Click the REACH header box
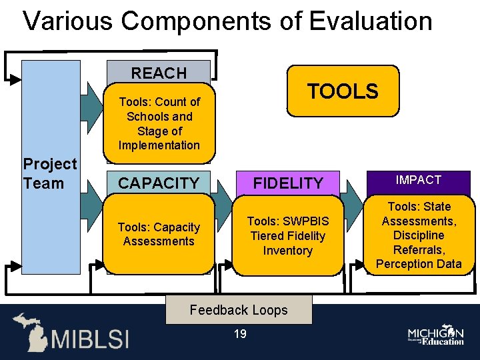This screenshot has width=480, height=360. click(x=159, y=72)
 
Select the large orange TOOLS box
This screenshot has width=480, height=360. click(x=343, y=91)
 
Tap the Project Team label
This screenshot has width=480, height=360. click(x=50, y=173)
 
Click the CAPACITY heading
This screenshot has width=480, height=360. click(x=159, y=183)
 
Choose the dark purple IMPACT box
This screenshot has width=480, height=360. click(x=419, y=181)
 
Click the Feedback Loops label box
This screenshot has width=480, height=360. click(x=239, y=310)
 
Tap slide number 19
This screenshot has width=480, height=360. click(x=240, y=334)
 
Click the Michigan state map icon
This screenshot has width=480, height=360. click(x=29, y=331)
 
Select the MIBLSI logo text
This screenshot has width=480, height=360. click(x=90, y=338)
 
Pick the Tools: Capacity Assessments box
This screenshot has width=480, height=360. click(x=159, y=234)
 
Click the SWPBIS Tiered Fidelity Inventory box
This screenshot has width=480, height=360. click(x=288, y=235)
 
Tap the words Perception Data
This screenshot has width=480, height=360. click(x=419, y=263)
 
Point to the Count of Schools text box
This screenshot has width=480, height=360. click(x=159, y=123)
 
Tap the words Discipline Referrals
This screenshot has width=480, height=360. click(x=419, y=242)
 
